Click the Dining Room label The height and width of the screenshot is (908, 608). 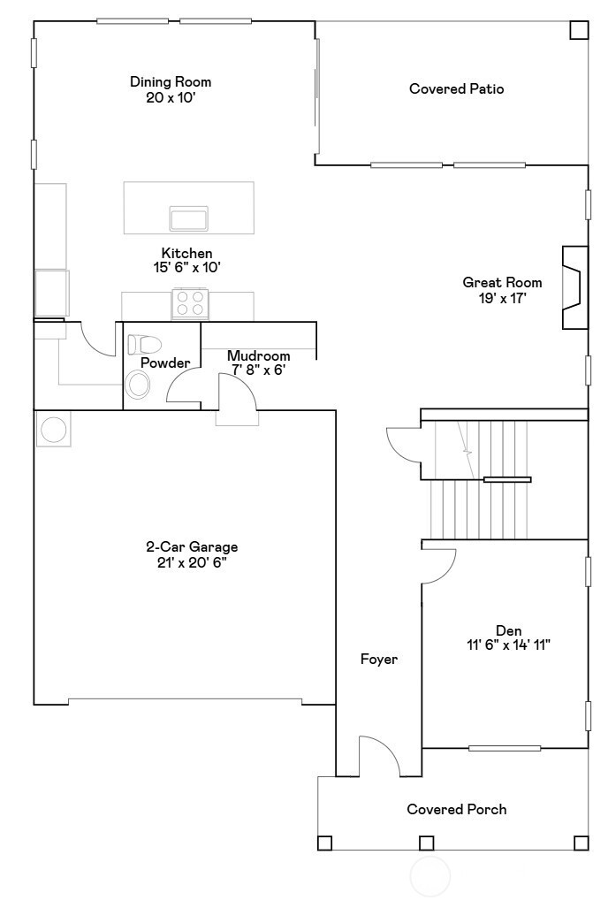[x=171, y=82]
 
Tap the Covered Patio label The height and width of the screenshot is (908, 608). [x=456, y=88]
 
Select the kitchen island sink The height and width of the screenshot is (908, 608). [x=188, y=217]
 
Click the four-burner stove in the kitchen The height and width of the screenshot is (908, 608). [x=189, y=304]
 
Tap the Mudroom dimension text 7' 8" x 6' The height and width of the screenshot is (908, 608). [x=258, y=370]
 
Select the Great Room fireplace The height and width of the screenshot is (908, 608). [x=574, y=286]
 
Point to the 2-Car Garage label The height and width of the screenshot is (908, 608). [x=192, y=547]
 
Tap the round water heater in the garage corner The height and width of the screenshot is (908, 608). [x=52, y=430]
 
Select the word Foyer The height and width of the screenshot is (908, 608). [x=378, y=659]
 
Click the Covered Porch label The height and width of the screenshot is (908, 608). [x=456, y=809]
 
